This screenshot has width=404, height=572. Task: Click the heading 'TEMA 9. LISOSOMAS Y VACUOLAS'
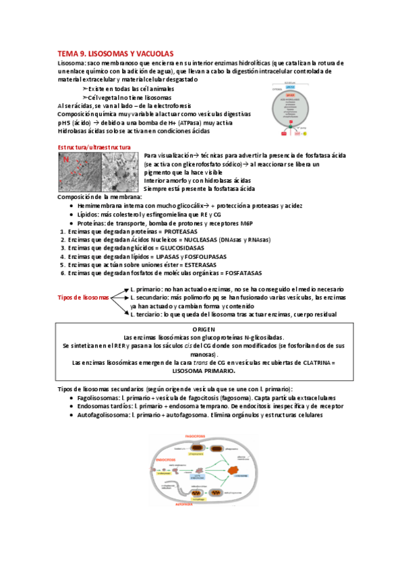point(115,53)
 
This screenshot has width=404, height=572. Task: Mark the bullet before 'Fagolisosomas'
point(71,398)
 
